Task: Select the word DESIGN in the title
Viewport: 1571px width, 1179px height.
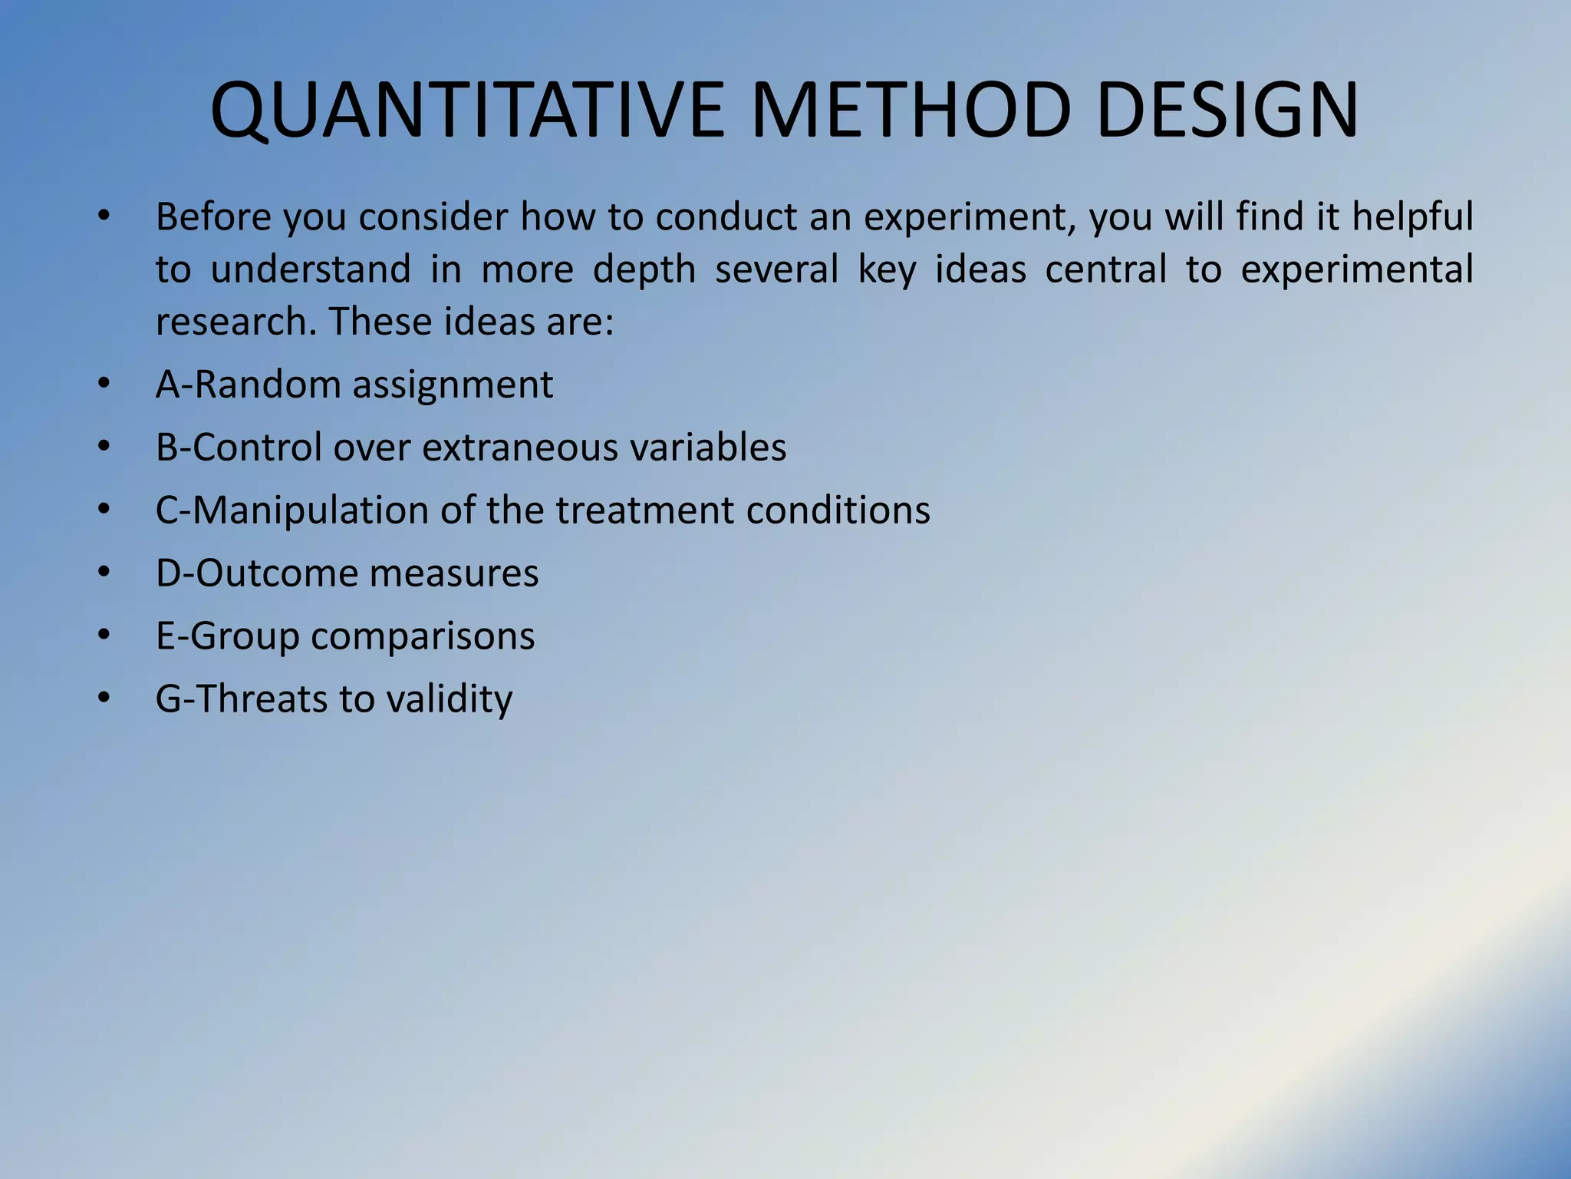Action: [1227, 111]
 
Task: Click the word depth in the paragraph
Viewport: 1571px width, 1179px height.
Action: [644, 269]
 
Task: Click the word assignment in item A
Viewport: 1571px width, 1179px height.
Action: [453, 385]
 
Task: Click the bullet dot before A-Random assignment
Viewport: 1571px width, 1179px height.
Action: [104, 383]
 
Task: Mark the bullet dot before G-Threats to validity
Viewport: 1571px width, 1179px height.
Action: [104, 698]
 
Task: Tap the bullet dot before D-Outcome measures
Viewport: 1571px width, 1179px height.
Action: [104, 572]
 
